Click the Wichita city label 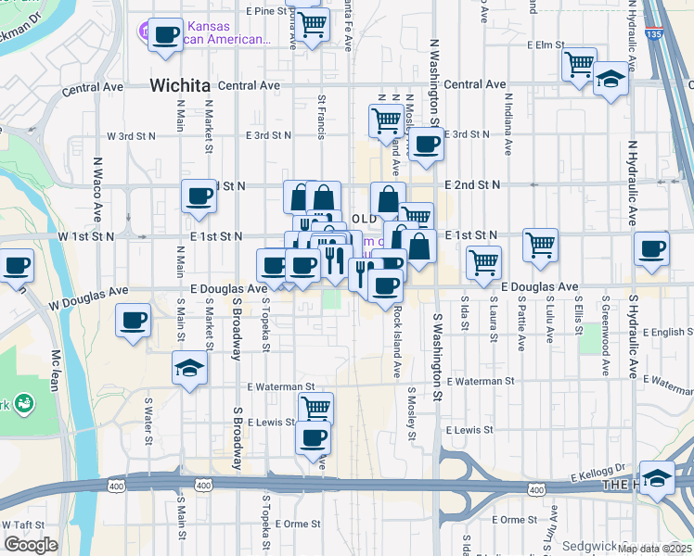tap(179, 85)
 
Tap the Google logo tap(30, 545)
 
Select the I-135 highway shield tap(655, 34)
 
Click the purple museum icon tap(149, 32)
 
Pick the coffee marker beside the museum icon tap(166, 35)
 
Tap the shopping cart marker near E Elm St tap(579, 64)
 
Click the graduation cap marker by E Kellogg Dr tap(657, 477)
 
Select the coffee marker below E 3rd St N tap(426, 144)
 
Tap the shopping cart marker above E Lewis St tap(315, 407)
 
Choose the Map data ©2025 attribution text tap(653, 549)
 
